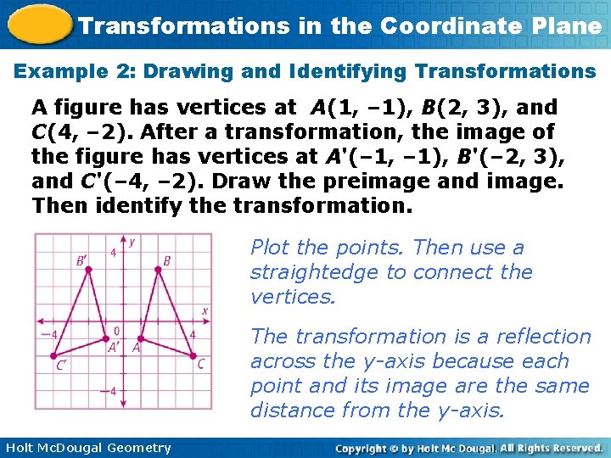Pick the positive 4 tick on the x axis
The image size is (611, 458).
coord(193,333)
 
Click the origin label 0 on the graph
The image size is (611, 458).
coord(116,331)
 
